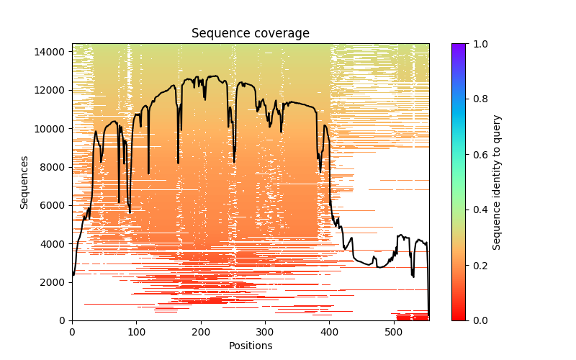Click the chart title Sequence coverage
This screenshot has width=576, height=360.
pyautogui.click(x=250, y=34)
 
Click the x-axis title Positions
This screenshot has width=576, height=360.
pyautogui.click(x=250, y=346)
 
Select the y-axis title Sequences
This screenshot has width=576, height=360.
pyautogui.click(x=24, y=182)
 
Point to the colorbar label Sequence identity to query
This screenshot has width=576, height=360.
pyautogui.click(x=497, y=182)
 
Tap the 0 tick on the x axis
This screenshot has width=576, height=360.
pyautogui.click(x=72, y=331)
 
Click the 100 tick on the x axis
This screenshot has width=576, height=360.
pyautogui.click(x=136, y=331)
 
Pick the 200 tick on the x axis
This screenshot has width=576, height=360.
pyautogui.click(x=201, y=331)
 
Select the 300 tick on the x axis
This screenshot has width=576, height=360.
pyautogui.click(x=265, y=331)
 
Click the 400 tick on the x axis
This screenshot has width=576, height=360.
pyautogui.click(x=330, y=331)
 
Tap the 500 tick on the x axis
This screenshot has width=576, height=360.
pyautogui.click(x=394, y=331)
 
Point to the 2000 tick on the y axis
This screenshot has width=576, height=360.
pyautogui.click(x=55, y=282)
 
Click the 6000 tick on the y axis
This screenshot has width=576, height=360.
pyautogui.click(x=55, y=205)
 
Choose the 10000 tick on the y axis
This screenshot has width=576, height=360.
pyautogui.click(x=53, y=129)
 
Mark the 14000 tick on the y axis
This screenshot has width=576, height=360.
pyautogui.click(x=53, y=52)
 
